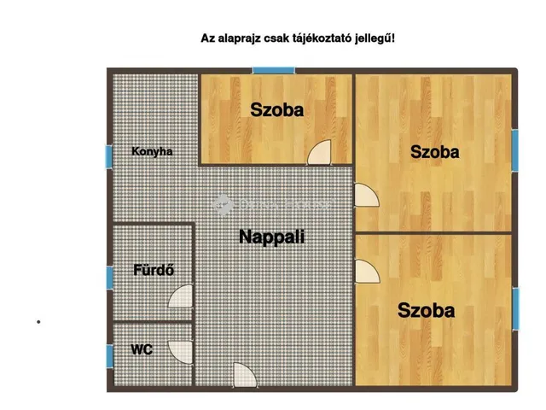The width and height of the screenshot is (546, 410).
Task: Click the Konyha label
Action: point(152,152)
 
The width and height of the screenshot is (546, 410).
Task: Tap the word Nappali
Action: point(271,237)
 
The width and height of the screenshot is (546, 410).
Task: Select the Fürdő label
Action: point(154,271)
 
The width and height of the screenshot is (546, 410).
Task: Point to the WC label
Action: point(142,349)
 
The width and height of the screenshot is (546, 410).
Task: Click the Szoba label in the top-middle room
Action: point(276,109)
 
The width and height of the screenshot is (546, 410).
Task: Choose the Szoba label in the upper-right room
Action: point(434,152)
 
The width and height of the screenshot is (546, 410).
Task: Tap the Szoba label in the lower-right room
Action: point(426,310)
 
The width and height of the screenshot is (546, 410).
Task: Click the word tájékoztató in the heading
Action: point(328,38)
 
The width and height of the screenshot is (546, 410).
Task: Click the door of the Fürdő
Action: point(182,296)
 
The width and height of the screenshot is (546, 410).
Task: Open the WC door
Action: point(182,350)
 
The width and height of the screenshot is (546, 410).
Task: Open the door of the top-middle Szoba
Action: point(321,152)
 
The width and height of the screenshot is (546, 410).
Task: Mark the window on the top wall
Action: point(273,69)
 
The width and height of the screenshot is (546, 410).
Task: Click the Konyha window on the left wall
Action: point(108,157)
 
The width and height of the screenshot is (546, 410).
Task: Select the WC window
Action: point(108,354)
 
